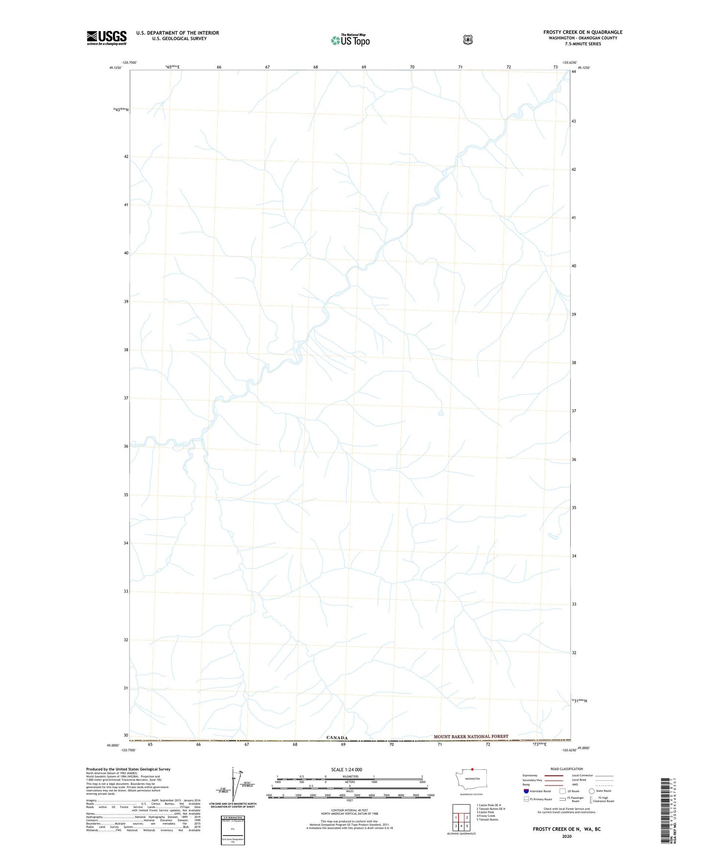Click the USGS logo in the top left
point(107,38)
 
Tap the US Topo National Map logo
point(350,40)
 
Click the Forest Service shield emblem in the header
point(468,40)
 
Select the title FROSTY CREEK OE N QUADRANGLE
point(582,32)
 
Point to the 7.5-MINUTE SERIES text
point(582,44)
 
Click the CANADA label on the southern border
point(337,738)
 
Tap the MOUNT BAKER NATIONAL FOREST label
point(471,736)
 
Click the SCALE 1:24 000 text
point(346,769)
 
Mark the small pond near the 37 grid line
point(441,413)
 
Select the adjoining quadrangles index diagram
point(461,817)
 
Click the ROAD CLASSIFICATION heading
point(566,769)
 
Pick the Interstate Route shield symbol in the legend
point(526,791)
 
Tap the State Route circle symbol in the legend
point(591,791)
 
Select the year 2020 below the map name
point(566,836)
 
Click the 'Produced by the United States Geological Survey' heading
point(128,769)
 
